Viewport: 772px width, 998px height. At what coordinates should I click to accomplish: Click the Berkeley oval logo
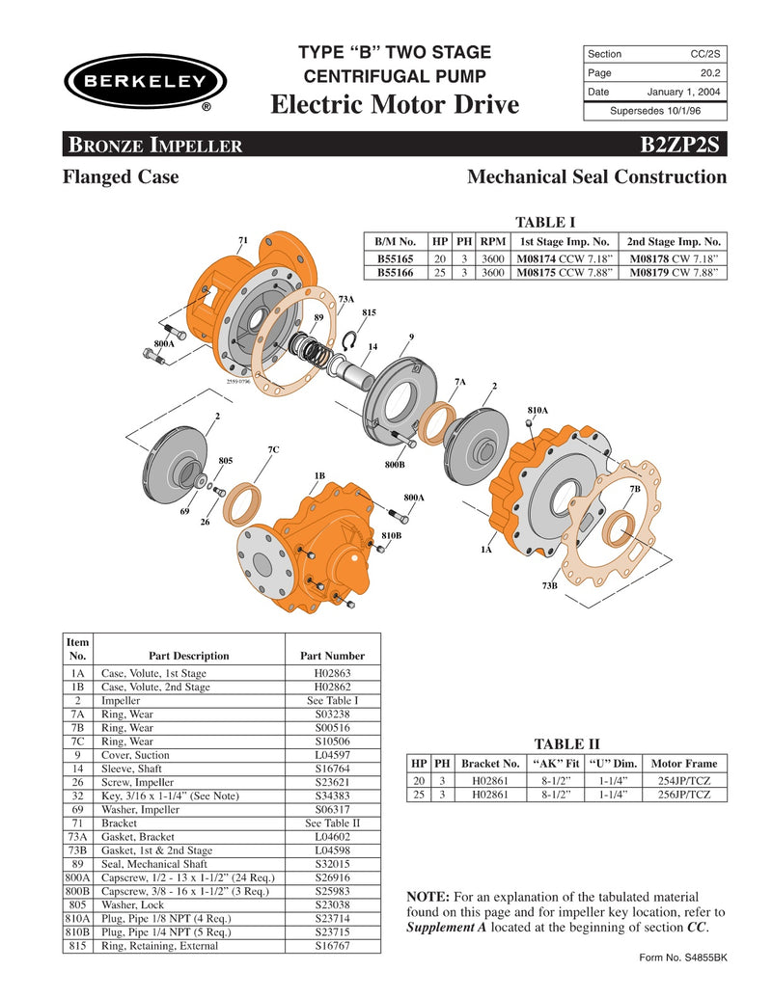click(x=145, y=81)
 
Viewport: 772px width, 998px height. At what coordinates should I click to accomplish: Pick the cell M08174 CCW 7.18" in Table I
click(x=565, y=258)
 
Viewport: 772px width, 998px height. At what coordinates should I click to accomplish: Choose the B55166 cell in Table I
click(x=395, y=273)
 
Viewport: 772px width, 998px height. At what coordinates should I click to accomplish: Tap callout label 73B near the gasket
click(x=550, y=585)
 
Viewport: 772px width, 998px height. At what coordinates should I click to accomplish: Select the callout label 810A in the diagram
click(x=538, y=411)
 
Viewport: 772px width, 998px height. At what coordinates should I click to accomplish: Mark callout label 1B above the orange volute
click(x=318, y=475)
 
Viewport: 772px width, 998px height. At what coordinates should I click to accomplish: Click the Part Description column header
click(x=188, y=656)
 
